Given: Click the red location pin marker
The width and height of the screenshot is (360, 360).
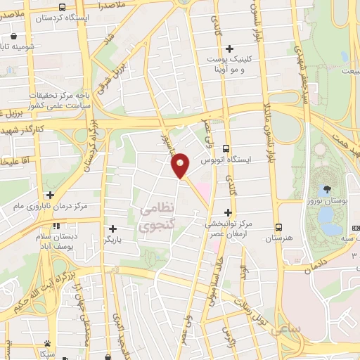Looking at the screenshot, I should point(180,166).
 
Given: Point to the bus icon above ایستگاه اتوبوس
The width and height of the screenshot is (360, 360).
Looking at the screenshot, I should point(226,148).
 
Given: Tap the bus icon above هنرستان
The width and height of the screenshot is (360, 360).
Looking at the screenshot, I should point(279,227).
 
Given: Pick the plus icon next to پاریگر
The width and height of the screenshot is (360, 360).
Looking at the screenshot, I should point(112,229).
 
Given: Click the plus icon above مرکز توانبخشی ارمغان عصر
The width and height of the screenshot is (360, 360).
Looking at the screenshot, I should point(227,212).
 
